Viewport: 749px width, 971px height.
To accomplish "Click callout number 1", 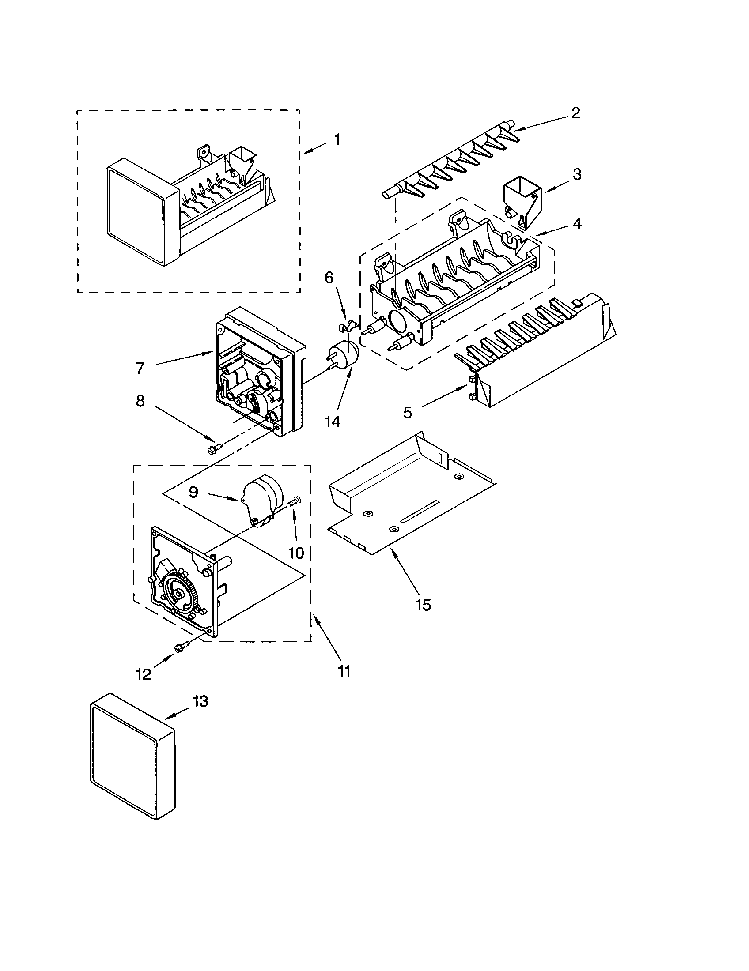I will tap(337, 139).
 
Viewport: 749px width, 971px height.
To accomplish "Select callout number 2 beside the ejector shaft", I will tap(575, 113).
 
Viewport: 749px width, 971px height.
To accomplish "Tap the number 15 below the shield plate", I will tap(424, 605).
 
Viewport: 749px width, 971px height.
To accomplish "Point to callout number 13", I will tap(200, 701).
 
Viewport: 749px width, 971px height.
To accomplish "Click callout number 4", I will tap(576, 224).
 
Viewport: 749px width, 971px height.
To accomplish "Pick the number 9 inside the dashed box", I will tap(193, 492).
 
